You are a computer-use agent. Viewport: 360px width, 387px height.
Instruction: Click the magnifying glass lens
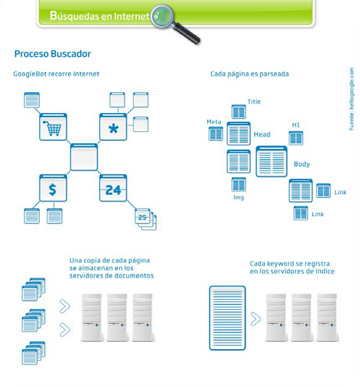pyautogui.click(x=162, y=16)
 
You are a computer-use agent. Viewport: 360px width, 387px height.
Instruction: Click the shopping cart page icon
pyautogui.click(x=53, y=127)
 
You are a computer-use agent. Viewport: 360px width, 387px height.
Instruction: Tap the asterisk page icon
pyautogui.click(x=113, y=127)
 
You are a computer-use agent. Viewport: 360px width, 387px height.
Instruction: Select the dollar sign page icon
pyautogui.click(x=53, y=188)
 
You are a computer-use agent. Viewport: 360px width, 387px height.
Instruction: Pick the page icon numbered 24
pyautogui.click(x=113, y=188)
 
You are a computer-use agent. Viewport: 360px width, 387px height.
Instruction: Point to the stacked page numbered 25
pyautogui.click(x=145, y=219)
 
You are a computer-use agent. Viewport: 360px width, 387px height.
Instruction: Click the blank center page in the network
pyautogui.click(x=84, y=157)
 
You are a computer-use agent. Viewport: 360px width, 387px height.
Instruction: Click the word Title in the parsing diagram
pyautogui.click(x=254, y=101)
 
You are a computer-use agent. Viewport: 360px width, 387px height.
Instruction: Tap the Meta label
pyautogui.click(x=213, y=122)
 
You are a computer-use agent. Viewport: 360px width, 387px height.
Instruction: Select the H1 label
pyautogui.click(x=296, y=125)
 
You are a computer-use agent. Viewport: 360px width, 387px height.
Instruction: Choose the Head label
pyautogui.click(x=262, y=134)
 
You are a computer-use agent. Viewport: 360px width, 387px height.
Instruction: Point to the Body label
pyautogui.click(x=302, y=164)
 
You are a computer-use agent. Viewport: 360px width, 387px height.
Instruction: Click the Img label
pyautogui.click(x=238, y=197)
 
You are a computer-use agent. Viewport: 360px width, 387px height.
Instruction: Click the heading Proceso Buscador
pyautogui.click(x=53, y=54)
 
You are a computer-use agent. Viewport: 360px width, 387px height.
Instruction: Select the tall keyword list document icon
pyautogui.click(x=227, y=318)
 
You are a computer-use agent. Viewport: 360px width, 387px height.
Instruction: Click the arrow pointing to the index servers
pyautogui.click(x=255, y=319)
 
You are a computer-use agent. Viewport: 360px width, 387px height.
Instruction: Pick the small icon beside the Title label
pyautogui.click(x=238, y=112)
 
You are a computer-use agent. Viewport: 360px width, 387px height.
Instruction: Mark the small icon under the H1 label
pyautogui.click(x=296, y=138)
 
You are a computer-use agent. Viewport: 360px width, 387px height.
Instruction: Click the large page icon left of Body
pyautogui.click(x=272, y=162)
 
